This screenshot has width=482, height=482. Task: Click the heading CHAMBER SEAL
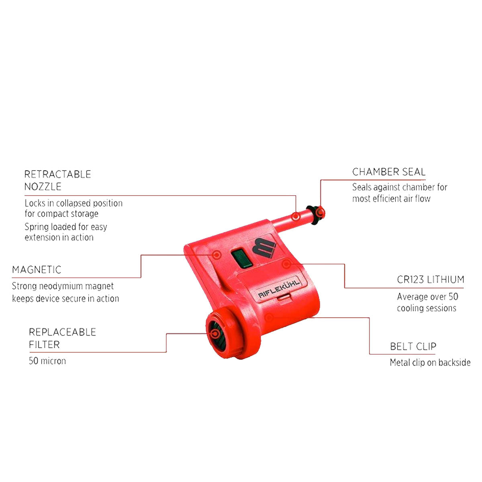pos(388,172)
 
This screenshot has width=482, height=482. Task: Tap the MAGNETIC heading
pos(37,270)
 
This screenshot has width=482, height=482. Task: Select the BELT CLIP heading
pos(413,346)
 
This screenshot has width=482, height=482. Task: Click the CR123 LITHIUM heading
pos(431,280)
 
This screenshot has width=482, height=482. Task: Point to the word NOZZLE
pos(43,187)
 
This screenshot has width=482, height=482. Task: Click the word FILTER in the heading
pos(44,345)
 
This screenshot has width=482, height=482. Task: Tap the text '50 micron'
pos(47,361)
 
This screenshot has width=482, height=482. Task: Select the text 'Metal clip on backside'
pos(430,362)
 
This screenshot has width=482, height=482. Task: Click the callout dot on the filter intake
pos(215,333)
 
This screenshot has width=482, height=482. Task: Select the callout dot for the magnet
pos(217,255)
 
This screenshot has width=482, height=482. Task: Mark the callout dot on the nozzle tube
pos(296,216)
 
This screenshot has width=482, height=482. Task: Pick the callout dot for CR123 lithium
pos(286,263)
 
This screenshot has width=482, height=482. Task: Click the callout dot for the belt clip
pos(269,318)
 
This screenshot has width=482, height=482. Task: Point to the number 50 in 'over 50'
pos(453,297)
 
